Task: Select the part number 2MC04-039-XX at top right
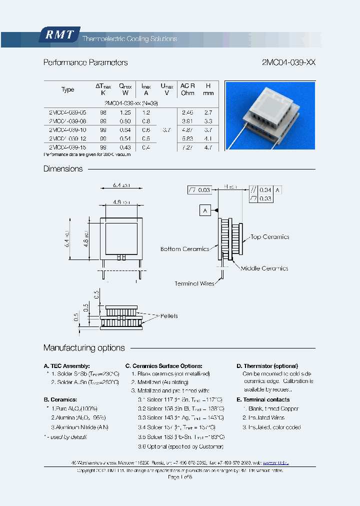coord(288,62)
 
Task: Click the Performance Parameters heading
coord(85,62)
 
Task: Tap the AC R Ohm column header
coord(187,89)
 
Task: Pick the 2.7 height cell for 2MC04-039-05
coord(208,113)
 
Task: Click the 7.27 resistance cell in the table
coord(187,147)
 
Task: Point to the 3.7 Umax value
coord(166,130)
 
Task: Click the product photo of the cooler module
coord(270,115)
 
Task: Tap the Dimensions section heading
coord(63,169)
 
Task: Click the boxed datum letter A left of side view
coord(205,210)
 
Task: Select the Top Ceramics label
coord(270,237)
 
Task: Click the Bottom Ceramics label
coord(184,248)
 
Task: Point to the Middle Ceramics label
coord(264,268)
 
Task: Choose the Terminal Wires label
coord(194,283)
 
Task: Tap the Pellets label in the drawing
coord(169,316)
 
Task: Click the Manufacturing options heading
coord(84,347)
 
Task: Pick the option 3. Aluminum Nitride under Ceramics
coord(79,427)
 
